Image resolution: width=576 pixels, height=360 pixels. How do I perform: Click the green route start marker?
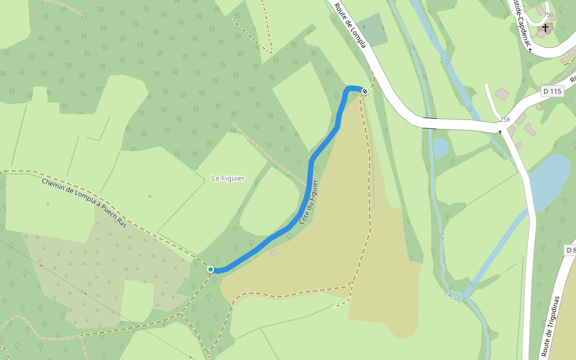tap(211, 269)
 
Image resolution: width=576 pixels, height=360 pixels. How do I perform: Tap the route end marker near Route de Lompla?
tap(364, 91)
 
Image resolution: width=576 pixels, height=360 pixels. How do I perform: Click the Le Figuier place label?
tap(229, 178)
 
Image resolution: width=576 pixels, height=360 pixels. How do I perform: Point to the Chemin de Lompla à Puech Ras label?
tap(85, 203)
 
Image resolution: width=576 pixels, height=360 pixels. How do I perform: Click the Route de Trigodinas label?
tap(551, 326)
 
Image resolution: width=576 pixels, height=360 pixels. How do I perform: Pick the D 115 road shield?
tap(551, 91)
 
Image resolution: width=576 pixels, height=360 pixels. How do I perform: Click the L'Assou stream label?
tap(453, 296)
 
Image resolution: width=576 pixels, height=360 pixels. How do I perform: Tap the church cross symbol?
tap(545, 28)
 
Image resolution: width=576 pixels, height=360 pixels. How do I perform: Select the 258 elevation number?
tap(504, 119)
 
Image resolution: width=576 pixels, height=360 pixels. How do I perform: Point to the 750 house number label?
tap(548, 15)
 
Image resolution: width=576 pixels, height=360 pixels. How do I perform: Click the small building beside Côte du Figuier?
tap(273, 254)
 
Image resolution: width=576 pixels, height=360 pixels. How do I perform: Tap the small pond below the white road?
tap(440, 147)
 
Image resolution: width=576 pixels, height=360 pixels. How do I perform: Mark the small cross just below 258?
tap(500, 131)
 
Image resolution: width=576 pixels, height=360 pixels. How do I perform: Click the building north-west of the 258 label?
tap(502, 94)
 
